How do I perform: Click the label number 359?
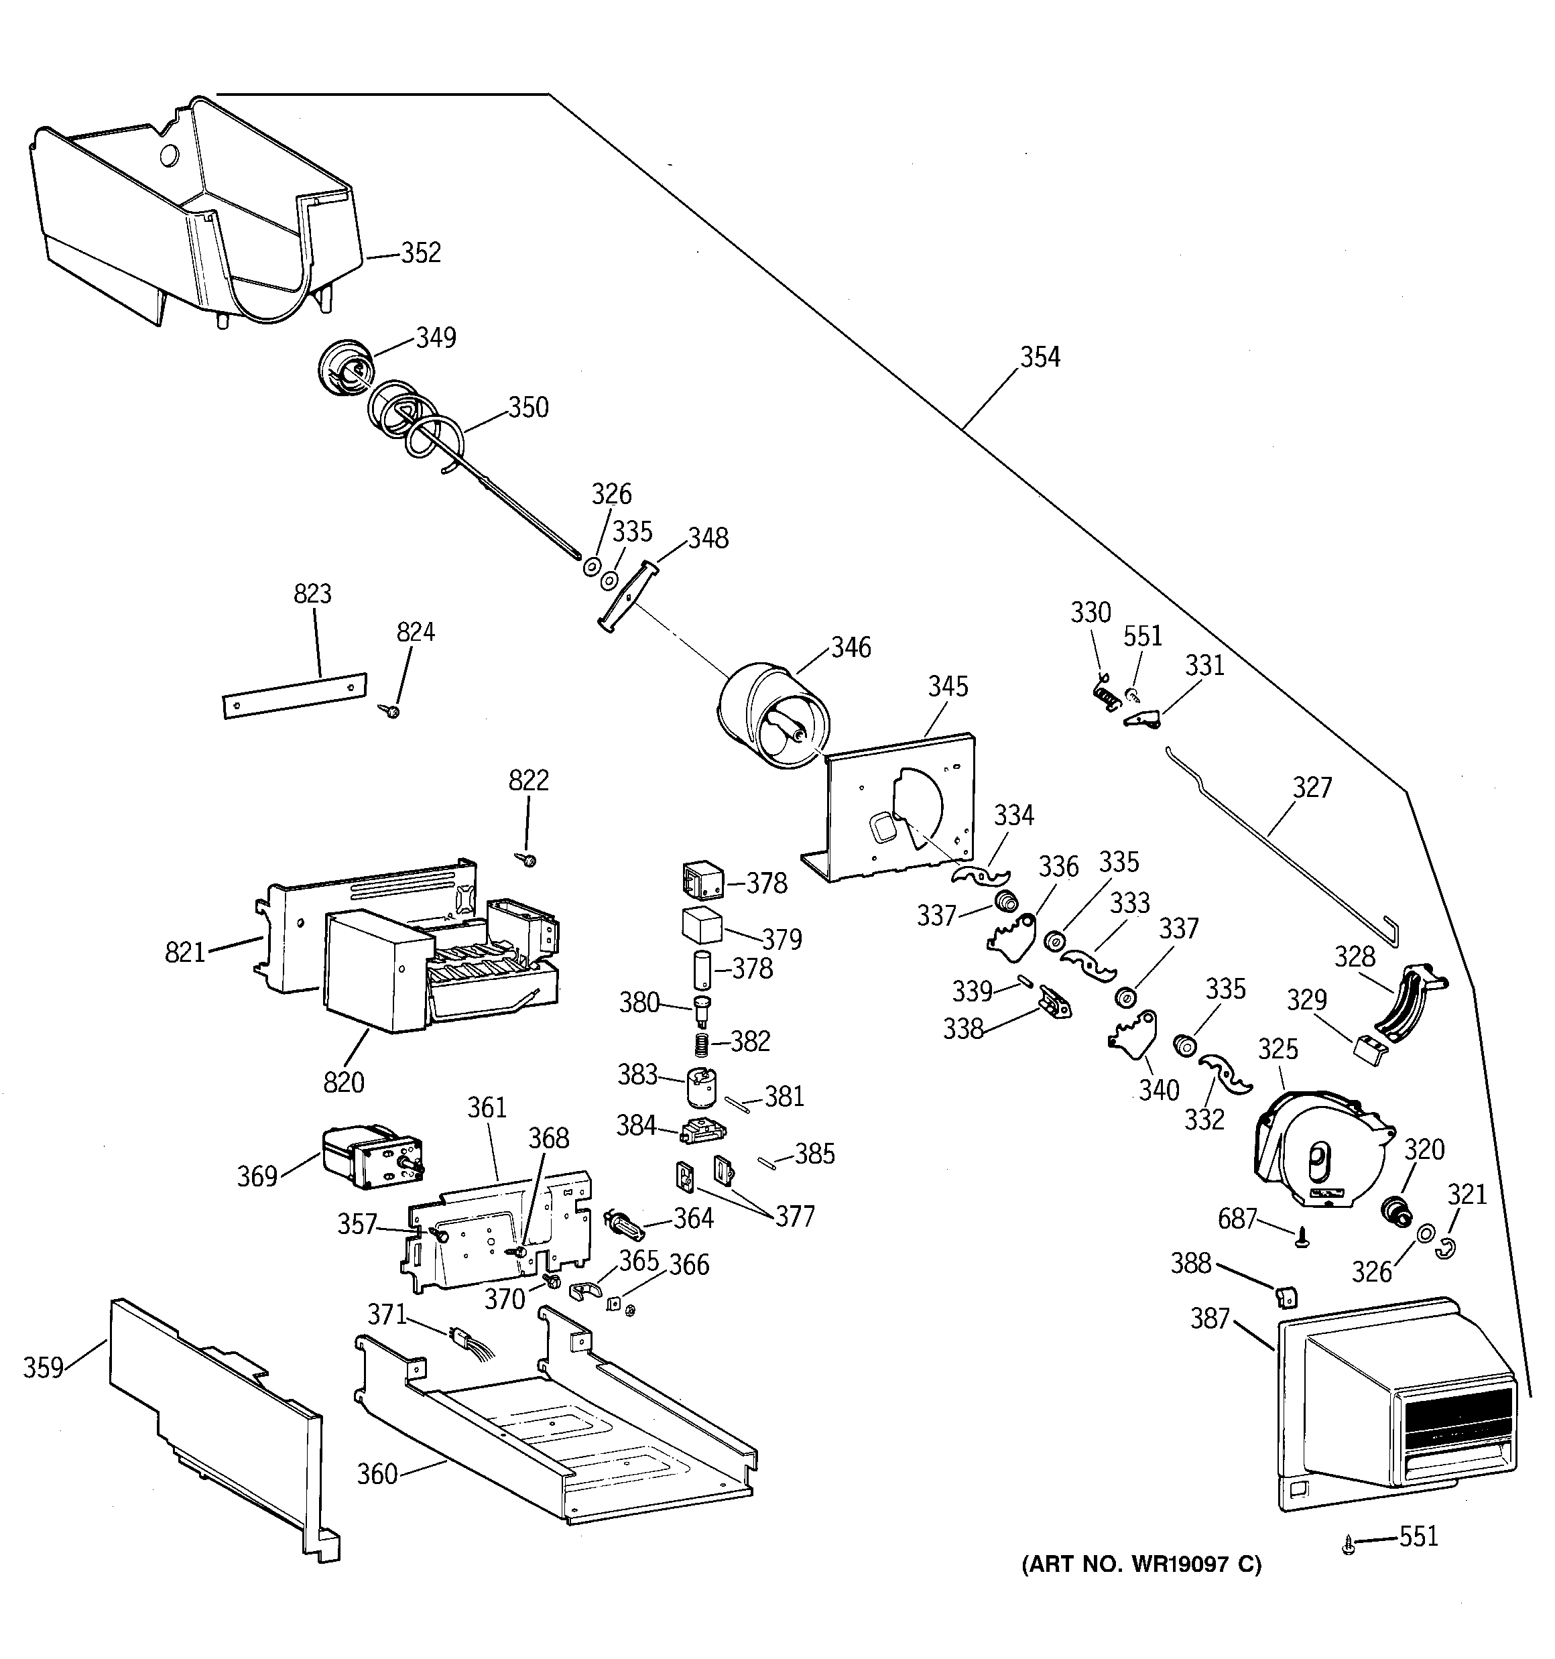(x=44, y=1368)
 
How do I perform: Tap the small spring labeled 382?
(x=703, y=1043)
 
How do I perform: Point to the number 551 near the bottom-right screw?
(x=1418, y=1536)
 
